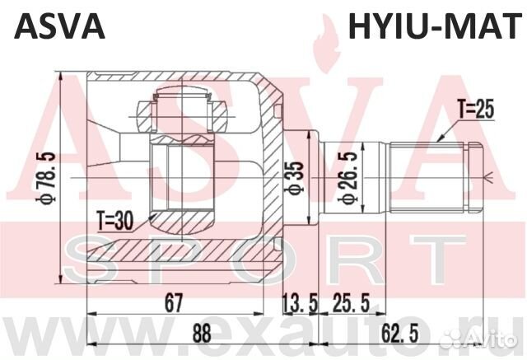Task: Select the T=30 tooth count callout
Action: tap(115, 220)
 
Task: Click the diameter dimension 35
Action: tap(298, 175)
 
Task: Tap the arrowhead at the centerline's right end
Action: tap(492, 175)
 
